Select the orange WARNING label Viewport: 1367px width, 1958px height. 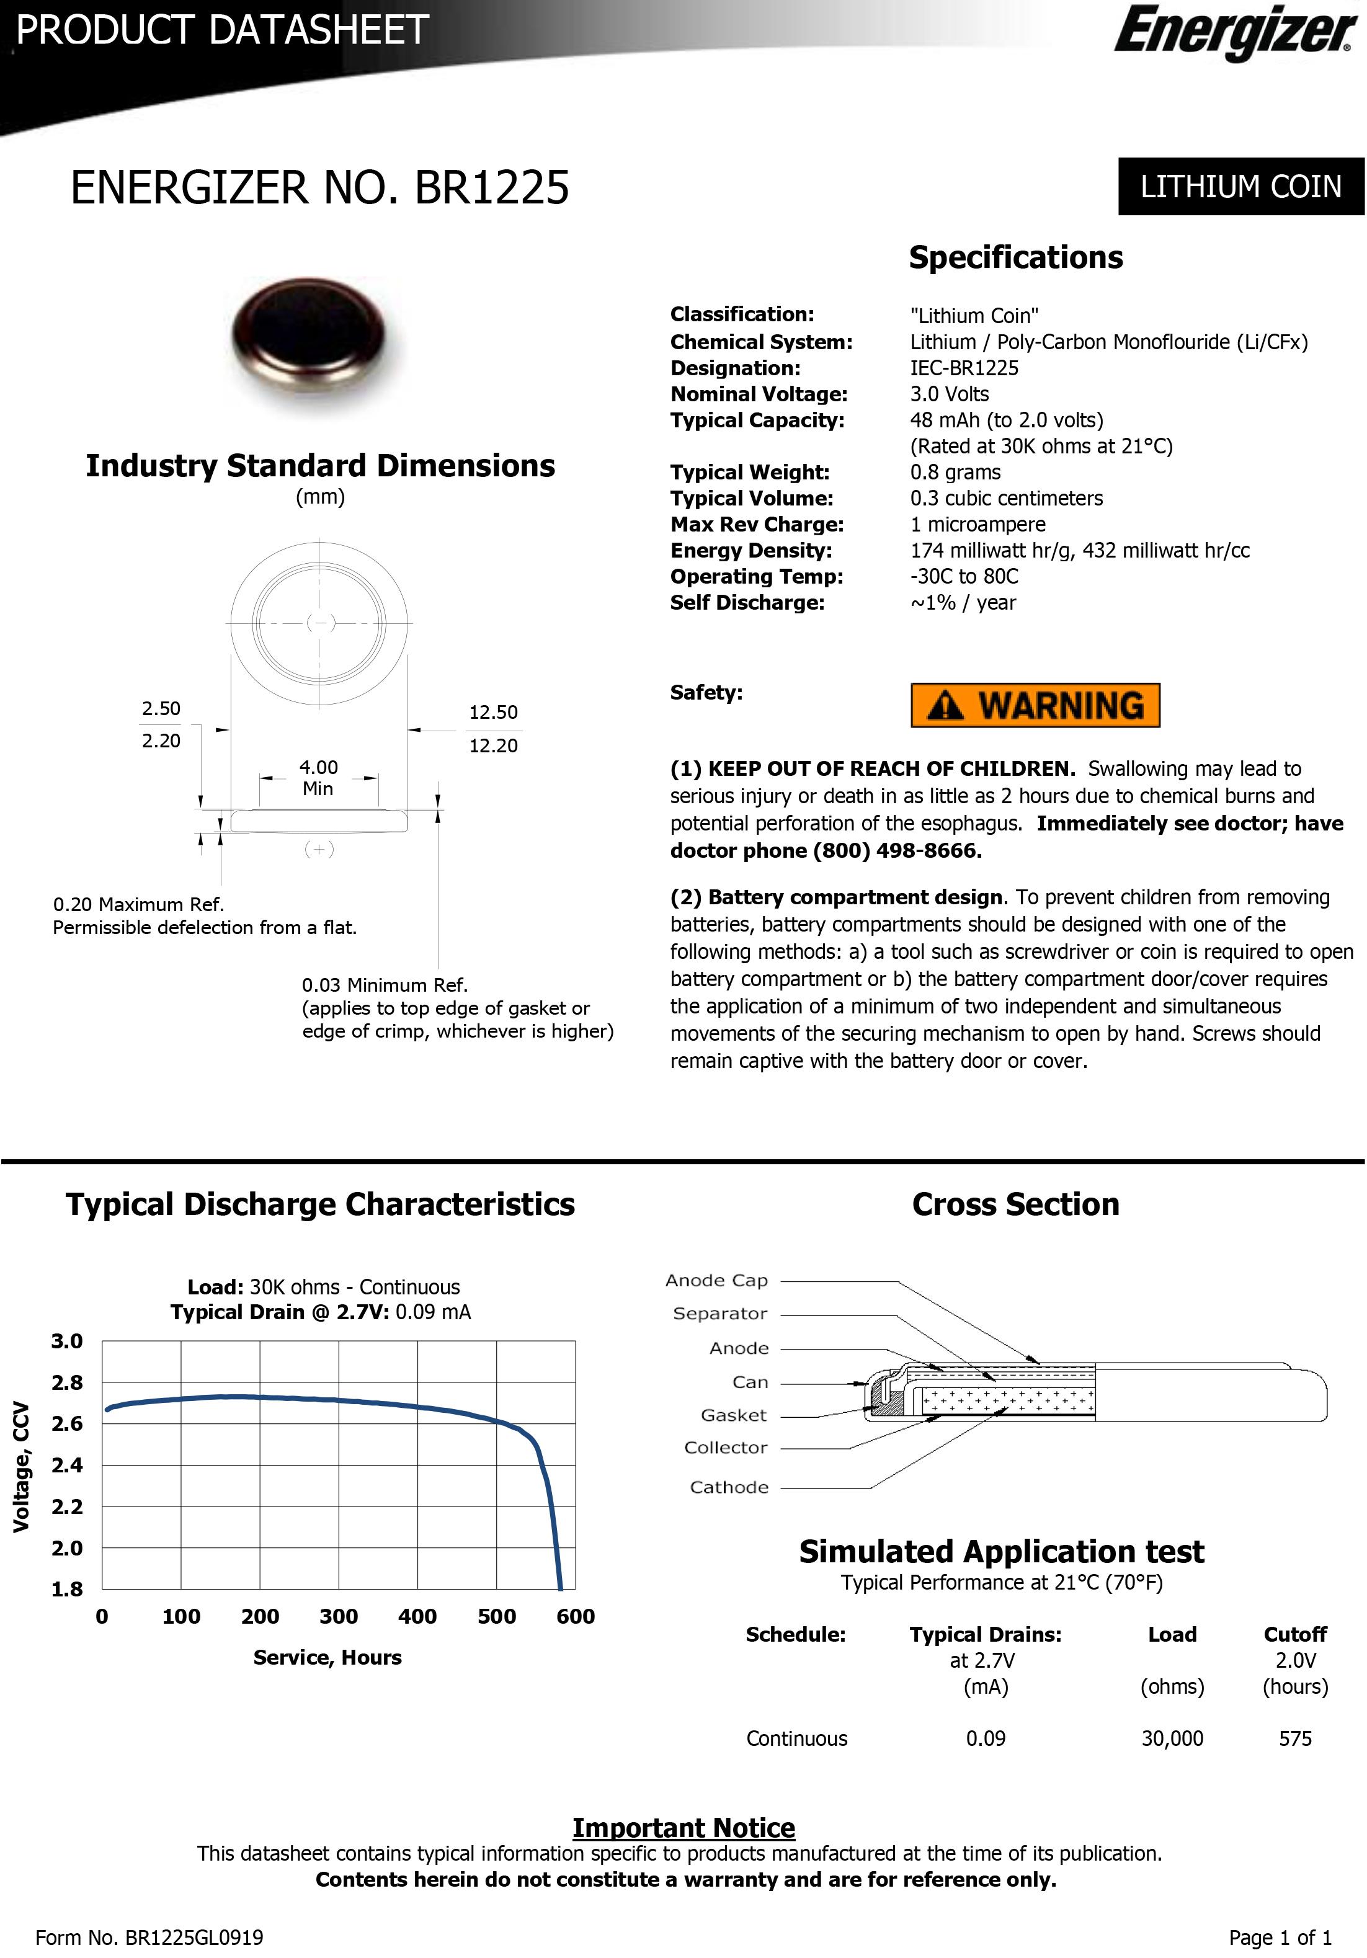1035,705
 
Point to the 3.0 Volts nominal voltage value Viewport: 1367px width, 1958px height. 949,394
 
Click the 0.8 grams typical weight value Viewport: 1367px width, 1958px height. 955,473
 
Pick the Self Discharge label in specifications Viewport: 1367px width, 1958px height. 747,603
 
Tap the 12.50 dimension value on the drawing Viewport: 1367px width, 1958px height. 493,712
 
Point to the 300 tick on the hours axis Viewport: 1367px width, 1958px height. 339,1616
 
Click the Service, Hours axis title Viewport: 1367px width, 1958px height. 327,1657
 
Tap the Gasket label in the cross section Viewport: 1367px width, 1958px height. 733,1415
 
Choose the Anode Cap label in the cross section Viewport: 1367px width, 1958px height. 716,1280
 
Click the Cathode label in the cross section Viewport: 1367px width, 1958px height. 729,1487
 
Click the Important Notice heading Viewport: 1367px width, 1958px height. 683,1828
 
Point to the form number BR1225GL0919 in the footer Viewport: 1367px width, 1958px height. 194,1938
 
